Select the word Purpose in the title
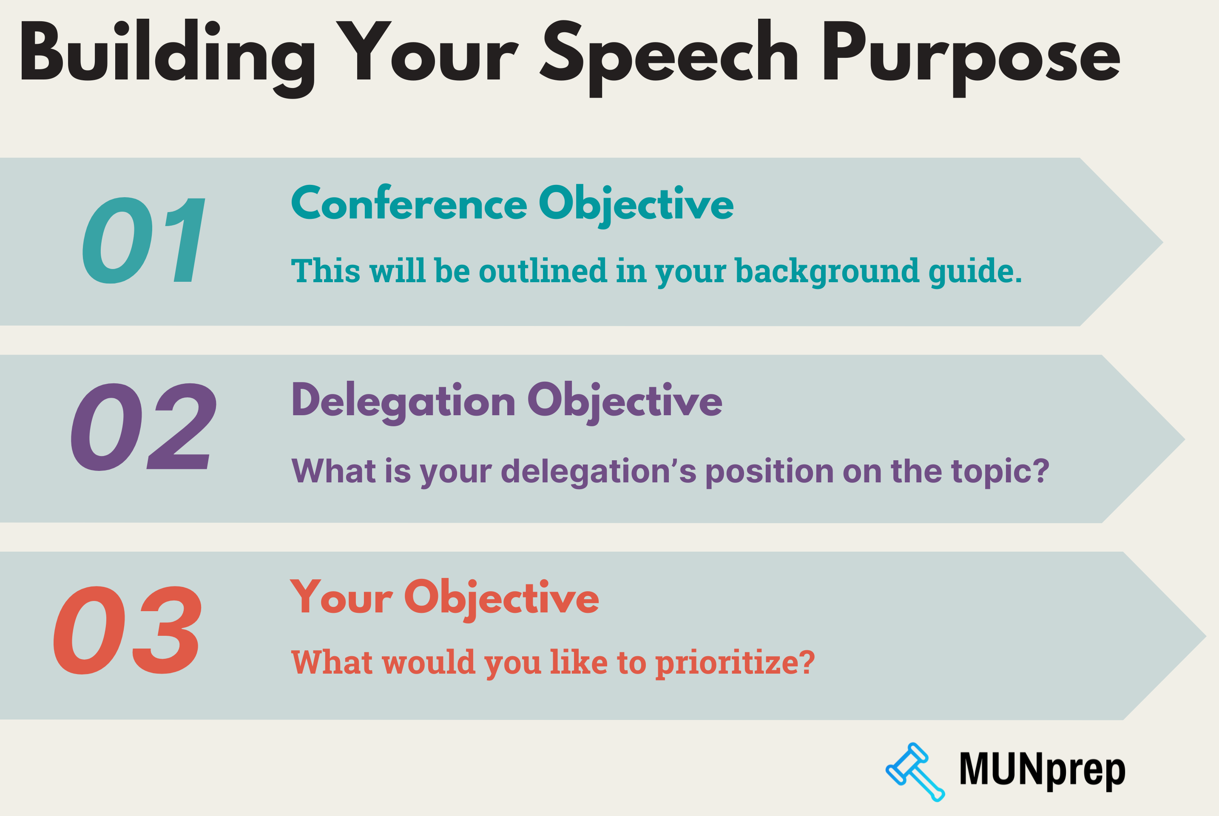tap(971, 52)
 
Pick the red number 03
tap(128, 631)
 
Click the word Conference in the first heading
tap(409, 204)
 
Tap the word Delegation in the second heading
tap(403, 401)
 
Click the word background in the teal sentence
tap(827, 271)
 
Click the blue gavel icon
tap(915, 771)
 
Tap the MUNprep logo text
tap(1042, 770)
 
